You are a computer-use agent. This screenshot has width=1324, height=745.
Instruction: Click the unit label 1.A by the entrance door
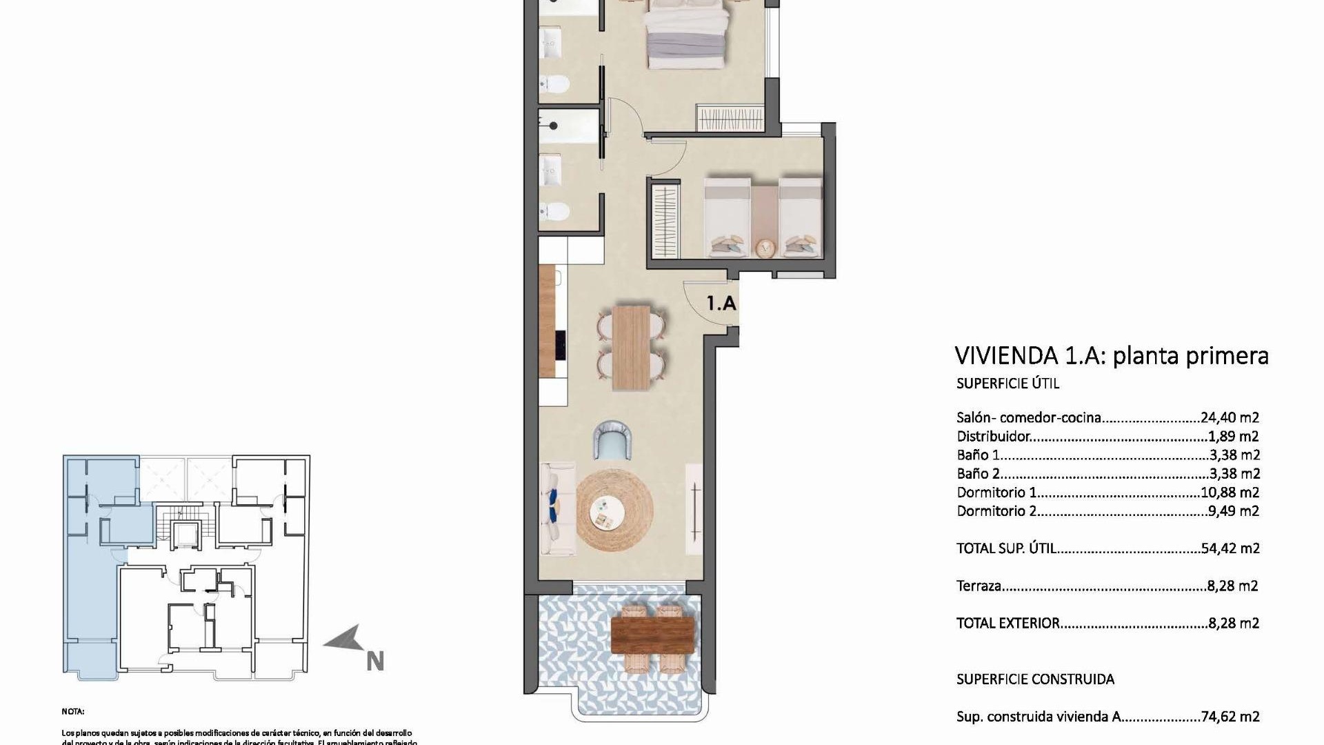click(721, 303)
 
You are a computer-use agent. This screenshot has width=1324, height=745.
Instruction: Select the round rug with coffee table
click(614, 509)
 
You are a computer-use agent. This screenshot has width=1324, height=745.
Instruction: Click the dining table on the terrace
click(652, 635)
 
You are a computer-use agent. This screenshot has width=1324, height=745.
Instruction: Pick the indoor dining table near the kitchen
click(631, 347)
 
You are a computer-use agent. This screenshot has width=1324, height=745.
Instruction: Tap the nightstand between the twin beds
click(764, 246)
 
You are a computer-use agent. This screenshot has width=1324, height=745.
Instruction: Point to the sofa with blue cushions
click(557, 509)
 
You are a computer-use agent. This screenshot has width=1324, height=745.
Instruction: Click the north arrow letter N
click(374, 661)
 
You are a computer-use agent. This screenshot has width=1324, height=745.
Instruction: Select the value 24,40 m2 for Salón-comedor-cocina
click(1230, 417)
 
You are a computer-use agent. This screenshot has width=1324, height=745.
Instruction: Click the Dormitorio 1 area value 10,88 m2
click(1230, 493)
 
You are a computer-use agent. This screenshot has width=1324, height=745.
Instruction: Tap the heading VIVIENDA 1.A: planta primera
click(1111, 356)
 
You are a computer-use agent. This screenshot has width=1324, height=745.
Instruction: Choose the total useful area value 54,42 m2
click(1230, 548)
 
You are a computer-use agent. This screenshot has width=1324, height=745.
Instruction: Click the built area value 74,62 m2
click(1230, 717)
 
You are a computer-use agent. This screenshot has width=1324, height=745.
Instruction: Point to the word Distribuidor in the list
click(993, 437)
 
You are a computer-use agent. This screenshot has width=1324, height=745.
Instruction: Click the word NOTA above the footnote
click(72, 711)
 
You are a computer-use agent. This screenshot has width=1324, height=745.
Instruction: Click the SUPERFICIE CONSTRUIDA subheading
click(1034, 679)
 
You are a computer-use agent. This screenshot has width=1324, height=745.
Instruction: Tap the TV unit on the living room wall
click(694, 508)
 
